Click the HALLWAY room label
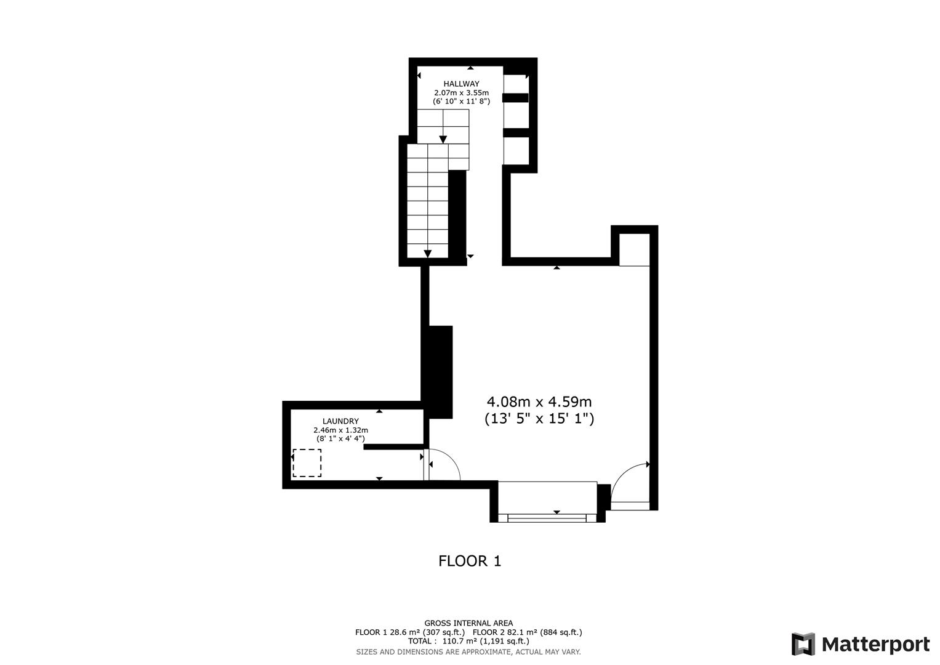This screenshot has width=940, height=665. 461,84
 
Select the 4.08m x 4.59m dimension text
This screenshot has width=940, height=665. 540,402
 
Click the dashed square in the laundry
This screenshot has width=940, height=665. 307,463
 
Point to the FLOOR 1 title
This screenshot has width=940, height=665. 470,561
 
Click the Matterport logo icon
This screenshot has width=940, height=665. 803,644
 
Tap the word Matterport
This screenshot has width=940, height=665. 876,645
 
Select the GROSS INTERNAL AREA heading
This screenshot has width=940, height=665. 468,623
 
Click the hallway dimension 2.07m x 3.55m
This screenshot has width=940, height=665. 461,92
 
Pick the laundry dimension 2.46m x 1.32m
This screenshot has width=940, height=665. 340,430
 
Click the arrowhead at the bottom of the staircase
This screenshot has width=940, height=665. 427,254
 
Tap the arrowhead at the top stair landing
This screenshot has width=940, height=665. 443,140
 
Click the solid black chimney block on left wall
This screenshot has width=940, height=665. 440,372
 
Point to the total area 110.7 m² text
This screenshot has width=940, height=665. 468,641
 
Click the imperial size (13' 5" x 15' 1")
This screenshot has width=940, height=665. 540,419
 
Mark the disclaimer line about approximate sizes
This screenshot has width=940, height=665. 468,651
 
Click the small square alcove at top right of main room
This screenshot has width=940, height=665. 634,249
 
